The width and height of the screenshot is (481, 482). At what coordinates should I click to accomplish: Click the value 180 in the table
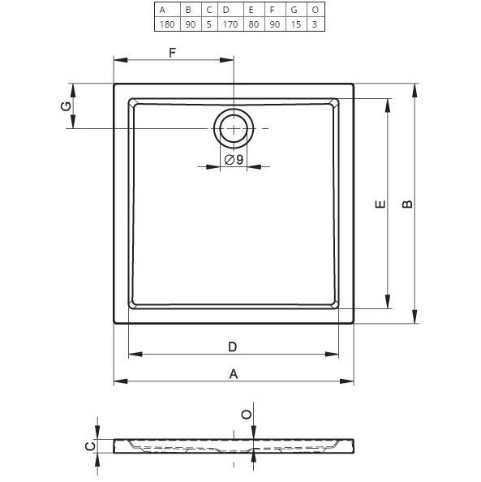click(x=167, y=24)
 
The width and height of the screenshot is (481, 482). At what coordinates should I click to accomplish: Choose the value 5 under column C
click(x=208, y=24)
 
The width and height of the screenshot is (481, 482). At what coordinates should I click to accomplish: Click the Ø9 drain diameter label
click(x=234, y=160)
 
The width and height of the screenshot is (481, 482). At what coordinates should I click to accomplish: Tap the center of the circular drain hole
click(x=234, y=129)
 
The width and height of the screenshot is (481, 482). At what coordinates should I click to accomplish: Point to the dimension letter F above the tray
click(x=172, y=53)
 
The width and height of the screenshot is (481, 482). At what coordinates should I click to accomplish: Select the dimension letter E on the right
click(x=379, y=205)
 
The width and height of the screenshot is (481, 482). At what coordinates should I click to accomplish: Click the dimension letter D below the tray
click(x=232, y=346)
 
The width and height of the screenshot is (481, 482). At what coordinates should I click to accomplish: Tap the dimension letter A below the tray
click(x=234, y=373)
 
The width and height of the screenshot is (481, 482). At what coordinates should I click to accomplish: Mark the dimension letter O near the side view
click(x=246, y=414)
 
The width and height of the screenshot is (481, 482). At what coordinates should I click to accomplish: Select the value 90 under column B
click(x=189, y=24)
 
